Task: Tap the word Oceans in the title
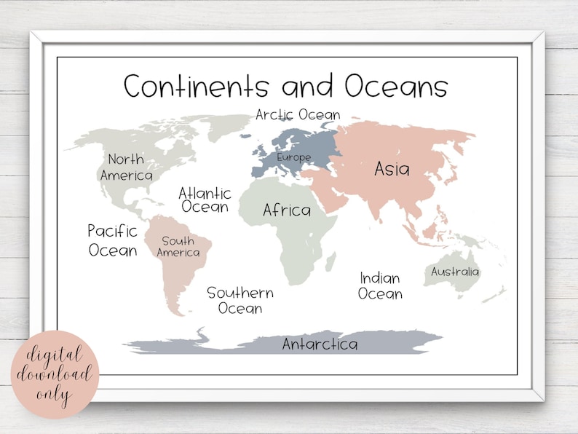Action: [396, 86]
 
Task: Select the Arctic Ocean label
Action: [298, 115]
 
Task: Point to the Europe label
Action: [293, 157]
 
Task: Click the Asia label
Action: [392, 169]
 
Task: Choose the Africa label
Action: [287, 210]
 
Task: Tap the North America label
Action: [127, 167]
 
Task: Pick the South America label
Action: [178, 247]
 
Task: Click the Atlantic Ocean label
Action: [205, 200]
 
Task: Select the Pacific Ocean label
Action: [113, 240]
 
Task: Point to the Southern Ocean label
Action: [240, 300]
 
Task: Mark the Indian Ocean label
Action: [380, 285]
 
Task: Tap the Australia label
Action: [455, 272]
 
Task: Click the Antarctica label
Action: [320, 344]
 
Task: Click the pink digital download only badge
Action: [55, 374]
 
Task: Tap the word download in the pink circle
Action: [55, 375]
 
